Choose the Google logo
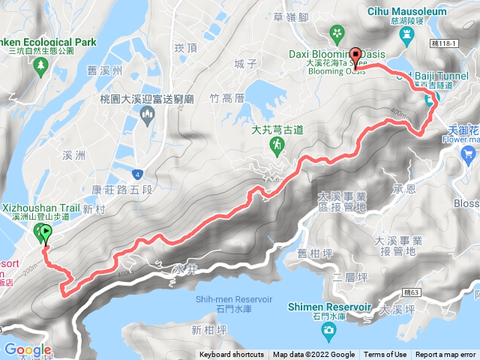[28, 350]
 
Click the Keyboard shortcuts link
[232, 355]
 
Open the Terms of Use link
[385, 355]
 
